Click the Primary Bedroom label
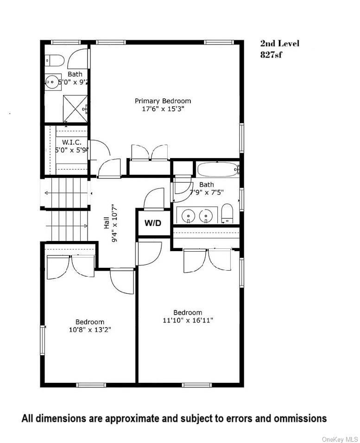click(x=163, y=101)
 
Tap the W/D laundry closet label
click(x=153, y=223)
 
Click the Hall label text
click(x=107, y=224)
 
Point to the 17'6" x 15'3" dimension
click(x=163, y=109)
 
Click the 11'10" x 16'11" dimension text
click(x=188, y=320)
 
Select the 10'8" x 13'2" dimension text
click(x=90, y=330)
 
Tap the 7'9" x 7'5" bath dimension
click(x=206, y=192)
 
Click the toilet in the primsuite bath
click(x=55, y=60)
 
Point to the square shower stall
click(x=75, y=108)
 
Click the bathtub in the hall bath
click(x=218, y=169)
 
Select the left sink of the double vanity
click(x=188, y=215)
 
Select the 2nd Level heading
click(x=279, y=44)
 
